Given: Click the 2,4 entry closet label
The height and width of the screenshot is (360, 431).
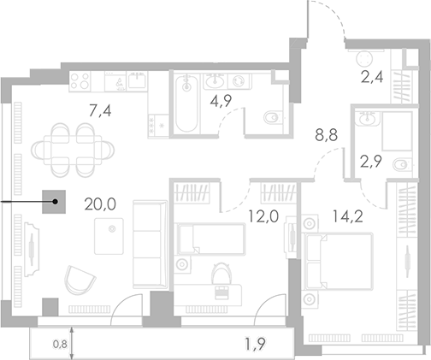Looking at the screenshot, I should (x=369, y=81).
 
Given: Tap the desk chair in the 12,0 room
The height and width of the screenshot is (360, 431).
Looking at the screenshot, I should (x=221, y=273).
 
